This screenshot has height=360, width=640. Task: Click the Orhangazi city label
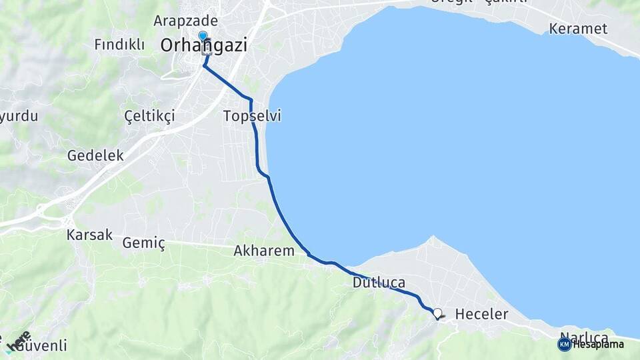[x=204, y=45]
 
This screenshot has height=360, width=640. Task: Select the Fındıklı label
[x=119, y=45]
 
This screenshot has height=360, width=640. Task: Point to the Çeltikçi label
[x=150, y=116]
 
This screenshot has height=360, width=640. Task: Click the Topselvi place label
[x=252, y=116]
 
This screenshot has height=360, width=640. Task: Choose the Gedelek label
[x=95, y=155]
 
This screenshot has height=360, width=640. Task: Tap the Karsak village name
[x=89, y=235]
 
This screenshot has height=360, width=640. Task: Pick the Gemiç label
[x=143, y=243]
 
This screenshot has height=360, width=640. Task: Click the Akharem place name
[x=264, y=251]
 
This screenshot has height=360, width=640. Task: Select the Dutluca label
[x=379, y=283]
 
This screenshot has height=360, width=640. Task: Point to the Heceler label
[x=481, y=314]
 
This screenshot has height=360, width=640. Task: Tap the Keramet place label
[x=579, y=29]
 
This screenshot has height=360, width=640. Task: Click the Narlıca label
[x=585, y=336]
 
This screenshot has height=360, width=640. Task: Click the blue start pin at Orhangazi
[x=203, y=36]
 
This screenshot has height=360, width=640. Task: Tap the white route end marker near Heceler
[x=437, y=312]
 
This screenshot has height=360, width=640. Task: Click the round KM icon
[x=565, y=344]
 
